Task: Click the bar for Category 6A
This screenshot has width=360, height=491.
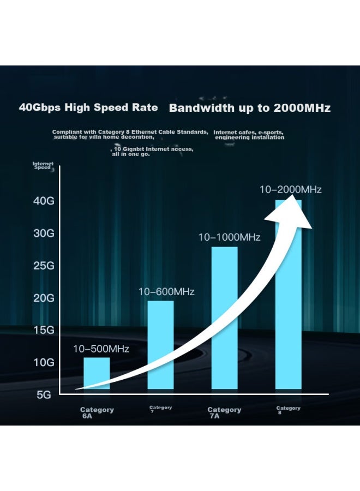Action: click(x=97, y=373)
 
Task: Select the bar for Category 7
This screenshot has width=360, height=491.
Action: click(x=160, y=345)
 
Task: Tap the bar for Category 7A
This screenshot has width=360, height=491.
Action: click(x=224, y=318)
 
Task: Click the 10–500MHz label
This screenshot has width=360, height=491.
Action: click(x=101, y=349)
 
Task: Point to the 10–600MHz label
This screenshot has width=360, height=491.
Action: click(x=166, y=291)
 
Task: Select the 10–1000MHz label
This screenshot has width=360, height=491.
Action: click(x=230, y=237)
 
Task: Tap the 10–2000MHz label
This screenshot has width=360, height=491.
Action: click(x=291, y=189)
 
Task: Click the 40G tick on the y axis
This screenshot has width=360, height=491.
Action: click(x=44, y=201)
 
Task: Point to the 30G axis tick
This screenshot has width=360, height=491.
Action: click(x=44, y=233)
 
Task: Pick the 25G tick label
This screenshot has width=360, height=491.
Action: click(x=44, y=266)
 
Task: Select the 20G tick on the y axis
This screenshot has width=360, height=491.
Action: click(x=44, y=298)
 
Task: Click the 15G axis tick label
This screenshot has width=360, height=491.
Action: click(x=44, y=330)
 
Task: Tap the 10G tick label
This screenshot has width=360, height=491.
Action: click(x=44, y=362)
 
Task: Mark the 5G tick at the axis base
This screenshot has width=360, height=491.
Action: click(x=44, y=395)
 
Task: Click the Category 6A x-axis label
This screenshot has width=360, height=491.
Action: click(x=97, y=413)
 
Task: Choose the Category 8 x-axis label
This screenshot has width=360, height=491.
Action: click(x=289, y=410)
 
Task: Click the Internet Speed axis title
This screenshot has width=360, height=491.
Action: click(x=43, y=165)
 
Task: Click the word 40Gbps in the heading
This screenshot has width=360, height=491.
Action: click(x=39, y=107)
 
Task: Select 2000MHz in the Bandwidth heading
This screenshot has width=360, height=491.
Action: click(x=302, y=108)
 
